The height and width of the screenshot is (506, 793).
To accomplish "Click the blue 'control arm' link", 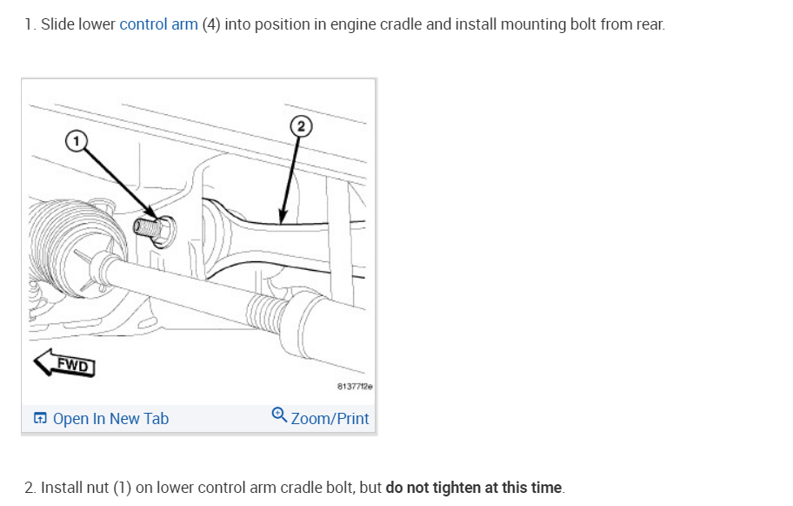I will tap(158, 24).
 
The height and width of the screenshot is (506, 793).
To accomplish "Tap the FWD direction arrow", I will tap(64, 364).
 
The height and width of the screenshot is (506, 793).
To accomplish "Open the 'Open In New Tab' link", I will tap(110, 419).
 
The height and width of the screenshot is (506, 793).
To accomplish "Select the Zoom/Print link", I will tap(330, 419).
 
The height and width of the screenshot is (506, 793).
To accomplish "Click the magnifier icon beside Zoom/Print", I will tap(279, 415).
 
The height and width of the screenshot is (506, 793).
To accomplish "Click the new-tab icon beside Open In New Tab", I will tap(40, 419).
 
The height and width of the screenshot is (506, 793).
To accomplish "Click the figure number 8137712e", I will tap(355, 386).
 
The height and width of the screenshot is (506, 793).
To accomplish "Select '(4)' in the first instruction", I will tap(210, 24).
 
